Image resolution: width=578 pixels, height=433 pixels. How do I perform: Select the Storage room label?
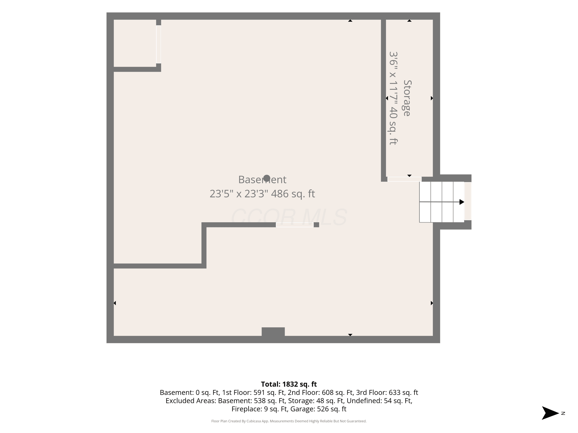(407, 98)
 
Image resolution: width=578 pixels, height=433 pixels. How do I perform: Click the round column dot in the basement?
(266, 178)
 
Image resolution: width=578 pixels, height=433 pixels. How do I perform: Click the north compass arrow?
(550, 413)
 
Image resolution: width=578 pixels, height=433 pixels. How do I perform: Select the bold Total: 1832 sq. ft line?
(289, 384)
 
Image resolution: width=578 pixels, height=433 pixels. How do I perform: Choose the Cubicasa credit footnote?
(289, 421)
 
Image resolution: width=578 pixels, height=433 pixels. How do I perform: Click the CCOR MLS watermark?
(289, 217)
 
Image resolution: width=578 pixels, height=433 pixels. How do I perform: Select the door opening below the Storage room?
(404, 179)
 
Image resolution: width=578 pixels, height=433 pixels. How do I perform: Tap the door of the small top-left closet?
(158, 44)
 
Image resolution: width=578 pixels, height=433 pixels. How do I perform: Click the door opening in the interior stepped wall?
(295, 225)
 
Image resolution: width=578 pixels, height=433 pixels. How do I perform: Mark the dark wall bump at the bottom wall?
(273, 332)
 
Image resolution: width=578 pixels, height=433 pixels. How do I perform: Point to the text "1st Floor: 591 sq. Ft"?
(254, 393)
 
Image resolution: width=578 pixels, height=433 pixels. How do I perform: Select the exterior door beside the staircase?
(468, 201)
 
